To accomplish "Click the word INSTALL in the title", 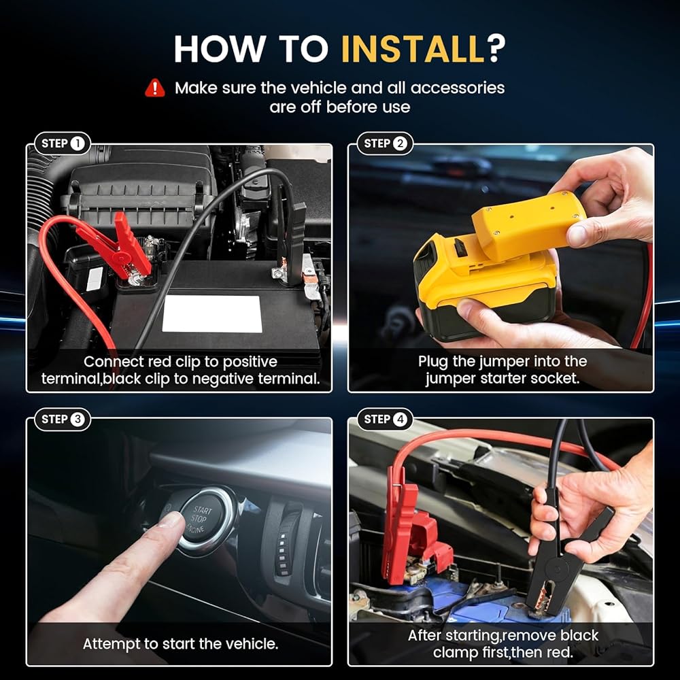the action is point(413,48).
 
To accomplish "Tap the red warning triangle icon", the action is point(155,88).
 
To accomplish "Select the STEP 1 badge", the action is point(63,143).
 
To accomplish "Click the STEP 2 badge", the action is point(385,143).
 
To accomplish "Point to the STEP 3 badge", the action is point(63,420).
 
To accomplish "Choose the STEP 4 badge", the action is point(385,420).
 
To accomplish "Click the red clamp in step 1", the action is point(119,248).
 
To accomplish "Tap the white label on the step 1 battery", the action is point(212,314).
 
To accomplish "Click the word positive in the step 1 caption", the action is point(250,362).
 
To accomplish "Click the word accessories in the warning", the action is point(458,88).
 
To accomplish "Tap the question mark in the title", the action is point(496,48).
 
